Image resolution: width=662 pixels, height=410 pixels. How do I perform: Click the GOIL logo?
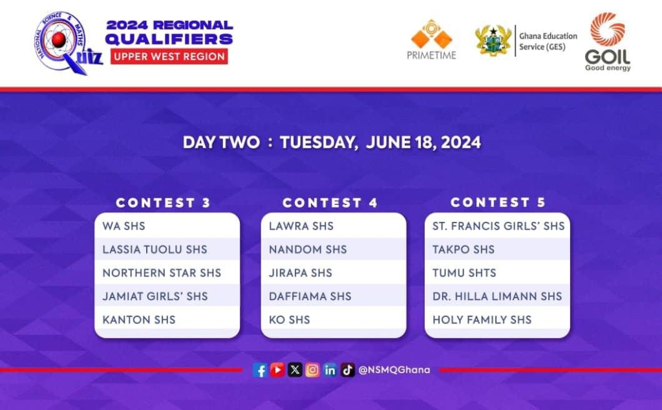point(608,41)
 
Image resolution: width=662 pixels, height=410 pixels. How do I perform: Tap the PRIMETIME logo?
point(431,39)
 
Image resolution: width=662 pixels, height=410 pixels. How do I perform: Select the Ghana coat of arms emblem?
point(493,41)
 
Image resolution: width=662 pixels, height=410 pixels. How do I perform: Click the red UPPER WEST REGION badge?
point(169,56)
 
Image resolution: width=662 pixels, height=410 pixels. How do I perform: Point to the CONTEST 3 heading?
point(164,202)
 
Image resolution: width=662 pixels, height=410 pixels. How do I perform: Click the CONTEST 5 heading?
point(498,202)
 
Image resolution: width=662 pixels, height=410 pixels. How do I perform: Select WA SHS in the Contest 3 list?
point(123,226)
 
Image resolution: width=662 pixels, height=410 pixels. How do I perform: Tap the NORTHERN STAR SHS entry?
point(162,273)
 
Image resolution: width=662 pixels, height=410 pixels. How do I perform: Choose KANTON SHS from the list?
point(139,320)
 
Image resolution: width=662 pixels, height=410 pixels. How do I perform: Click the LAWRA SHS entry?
point(301,226)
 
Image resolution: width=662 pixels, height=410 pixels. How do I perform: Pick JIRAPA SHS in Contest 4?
point(300,273)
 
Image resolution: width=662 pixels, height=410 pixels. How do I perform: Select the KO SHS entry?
point(289,320)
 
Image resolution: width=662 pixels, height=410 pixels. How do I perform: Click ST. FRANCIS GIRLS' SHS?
point(498,226)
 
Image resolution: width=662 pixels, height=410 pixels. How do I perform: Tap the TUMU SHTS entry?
point(464,273)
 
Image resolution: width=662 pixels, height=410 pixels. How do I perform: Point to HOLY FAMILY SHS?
point(482,320)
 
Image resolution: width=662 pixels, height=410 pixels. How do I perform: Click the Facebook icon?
point(260,371)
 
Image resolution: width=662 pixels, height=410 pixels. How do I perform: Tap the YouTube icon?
point(277,370)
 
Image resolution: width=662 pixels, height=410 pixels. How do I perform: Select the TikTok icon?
point(347,370)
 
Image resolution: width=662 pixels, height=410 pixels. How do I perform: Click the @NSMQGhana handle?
point(394,370)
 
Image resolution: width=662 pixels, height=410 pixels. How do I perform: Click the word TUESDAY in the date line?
point(319,142)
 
